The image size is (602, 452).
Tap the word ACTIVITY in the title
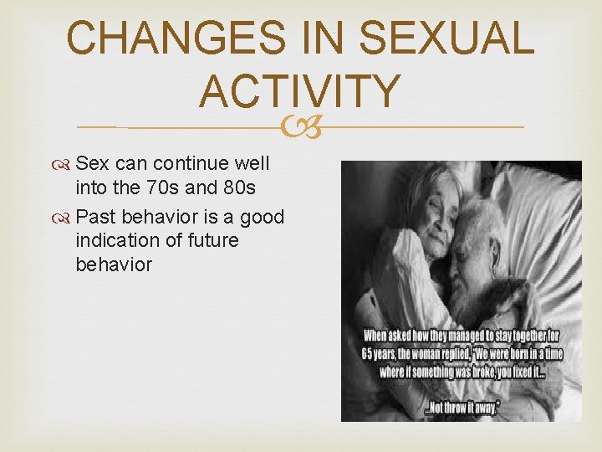click(300, 91)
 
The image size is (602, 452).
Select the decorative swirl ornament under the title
click(301, 127)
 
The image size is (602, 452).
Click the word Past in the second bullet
click(96, 218)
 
